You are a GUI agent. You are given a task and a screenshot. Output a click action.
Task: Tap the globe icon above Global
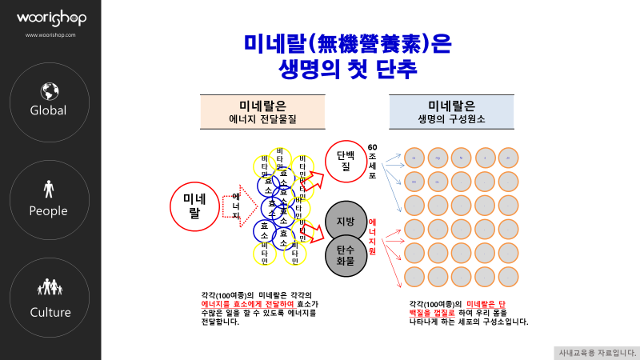click(x=50, y=90)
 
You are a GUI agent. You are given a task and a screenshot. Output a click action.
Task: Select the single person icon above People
click(x=50, y=189)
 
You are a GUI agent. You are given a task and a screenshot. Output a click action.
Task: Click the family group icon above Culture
click(x=50, y=286)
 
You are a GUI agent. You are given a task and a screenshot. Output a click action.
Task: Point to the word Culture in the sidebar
click(x=50, y=312)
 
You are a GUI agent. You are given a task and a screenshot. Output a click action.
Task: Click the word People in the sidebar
click(x=49, y=211)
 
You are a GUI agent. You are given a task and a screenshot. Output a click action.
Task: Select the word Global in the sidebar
click(x=48, y=110)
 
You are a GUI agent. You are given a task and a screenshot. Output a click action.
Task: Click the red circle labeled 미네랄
click(x=194, y=206)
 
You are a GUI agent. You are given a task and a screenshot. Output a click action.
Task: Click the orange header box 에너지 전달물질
click(x=262, y=113)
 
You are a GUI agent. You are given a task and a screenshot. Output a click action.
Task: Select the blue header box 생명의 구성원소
click(x=451, y=113)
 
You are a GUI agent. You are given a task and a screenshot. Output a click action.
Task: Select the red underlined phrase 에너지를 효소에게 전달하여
click(x=248, y=304)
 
